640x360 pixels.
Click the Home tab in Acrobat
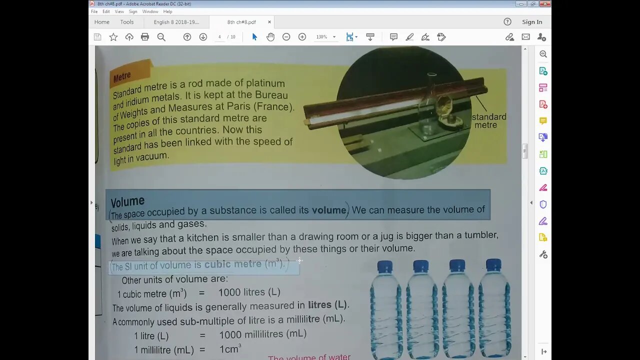pos(101,22)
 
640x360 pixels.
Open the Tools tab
pos(127,22)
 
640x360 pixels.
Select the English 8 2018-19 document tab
pos(176,22)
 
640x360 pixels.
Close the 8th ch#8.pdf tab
pos(269,22)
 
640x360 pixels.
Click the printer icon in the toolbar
pos(145,37)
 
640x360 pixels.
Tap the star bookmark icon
pos(113,37)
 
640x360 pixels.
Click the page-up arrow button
pos(187,37)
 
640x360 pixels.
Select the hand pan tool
pos(270,37)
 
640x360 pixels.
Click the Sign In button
pos(532,22)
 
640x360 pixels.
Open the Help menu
pos(167,11)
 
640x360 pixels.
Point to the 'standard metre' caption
pos(488,120)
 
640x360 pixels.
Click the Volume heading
pos(127,201)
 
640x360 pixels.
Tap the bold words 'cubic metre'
pos(232,264)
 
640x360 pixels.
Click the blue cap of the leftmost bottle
pos(385,266)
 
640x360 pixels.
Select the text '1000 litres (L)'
pos(249,292)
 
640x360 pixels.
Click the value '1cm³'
pos(230,349)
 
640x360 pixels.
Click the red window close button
pos(545,4)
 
